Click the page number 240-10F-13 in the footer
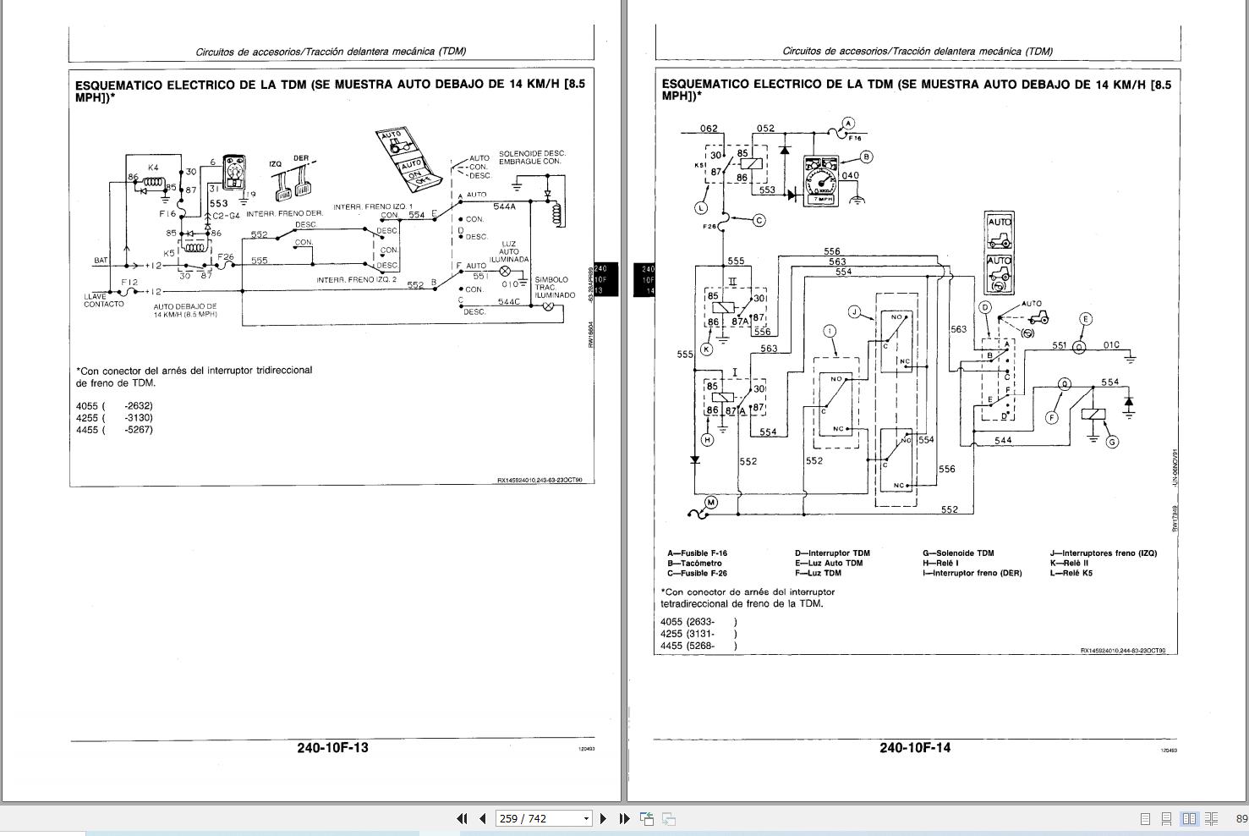pyautogui.click(x=332, y=747)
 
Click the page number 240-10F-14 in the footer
pyautogui.click(x=914, y=747)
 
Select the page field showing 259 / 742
pyautogui.click(x=544, y=818)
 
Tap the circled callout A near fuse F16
pyautogui.click(x=848, y=123)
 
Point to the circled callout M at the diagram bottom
pyautogui.click(x=710, y=503)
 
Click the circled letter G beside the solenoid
pyautogui.click(x=1112, y=442)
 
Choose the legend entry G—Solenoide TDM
pyautogui.click(x=958, y=553)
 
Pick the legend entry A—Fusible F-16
pyautogui.click(x=697, y=553)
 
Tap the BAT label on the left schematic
pyautogui.click(x=101, y=261)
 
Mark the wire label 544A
pyautogui.click(x=504, y=206)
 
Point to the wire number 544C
pyautogui.click(x=509, y=301)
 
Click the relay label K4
pyautogui.click(x=153, y=168)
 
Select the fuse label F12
pyautogui.click(x=129, y=282)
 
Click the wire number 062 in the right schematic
pyautogui.click(x=709, y=129)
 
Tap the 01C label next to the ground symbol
pyautogui.click(x=1110, y=345)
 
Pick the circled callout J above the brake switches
pyautogui.click(x=855, y=312)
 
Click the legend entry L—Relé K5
pyautogui.click(x=1071, y=573)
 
